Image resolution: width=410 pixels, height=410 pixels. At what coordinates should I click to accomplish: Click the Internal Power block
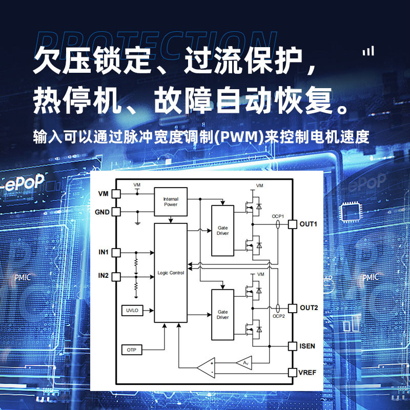(x=171, y=201)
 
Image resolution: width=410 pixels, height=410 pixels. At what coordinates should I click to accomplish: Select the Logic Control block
(x=171, y=273)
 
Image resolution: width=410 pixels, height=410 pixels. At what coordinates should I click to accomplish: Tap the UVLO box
(x=132, y=311)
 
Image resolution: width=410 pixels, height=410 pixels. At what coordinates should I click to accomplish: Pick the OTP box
(x=131, y=350)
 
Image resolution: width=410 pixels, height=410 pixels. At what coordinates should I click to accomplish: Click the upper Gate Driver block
(x=222, y=230)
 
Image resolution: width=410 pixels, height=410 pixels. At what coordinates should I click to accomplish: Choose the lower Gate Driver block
(x=222, y=314)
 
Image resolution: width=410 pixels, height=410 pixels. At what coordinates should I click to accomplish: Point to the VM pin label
(x=103, y=194)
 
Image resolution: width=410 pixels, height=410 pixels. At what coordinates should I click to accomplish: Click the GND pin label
(x=102, y=212)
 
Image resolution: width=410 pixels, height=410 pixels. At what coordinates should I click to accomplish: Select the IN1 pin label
(x=104, y=252)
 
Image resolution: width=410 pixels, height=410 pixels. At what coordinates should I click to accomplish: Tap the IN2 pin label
(x=104, y=276)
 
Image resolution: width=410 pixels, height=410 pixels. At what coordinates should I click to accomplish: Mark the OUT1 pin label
(x=309, y=224)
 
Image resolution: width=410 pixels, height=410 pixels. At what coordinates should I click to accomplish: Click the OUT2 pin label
(x=309, y=308)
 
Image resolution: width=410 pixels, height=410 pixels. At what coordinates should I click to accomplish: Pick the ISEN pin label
(x=308, y=346)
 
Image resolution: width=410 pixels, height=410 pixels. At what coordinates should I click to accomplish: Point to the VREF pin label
(x=308, y=373)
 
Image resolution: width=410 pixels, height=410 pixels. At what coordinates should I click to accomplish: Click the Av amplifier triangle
(x=244, y=363)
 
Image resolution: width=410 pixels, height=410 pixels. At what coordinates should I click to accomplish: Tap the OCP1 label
(x=278, y=216)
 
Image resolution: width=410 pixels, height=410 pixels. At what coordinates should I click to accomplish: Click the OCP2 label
(x=279, y=316)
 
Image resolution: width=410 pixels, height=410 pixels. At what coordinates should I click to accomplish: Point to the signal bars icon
(x=368, y=51)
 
